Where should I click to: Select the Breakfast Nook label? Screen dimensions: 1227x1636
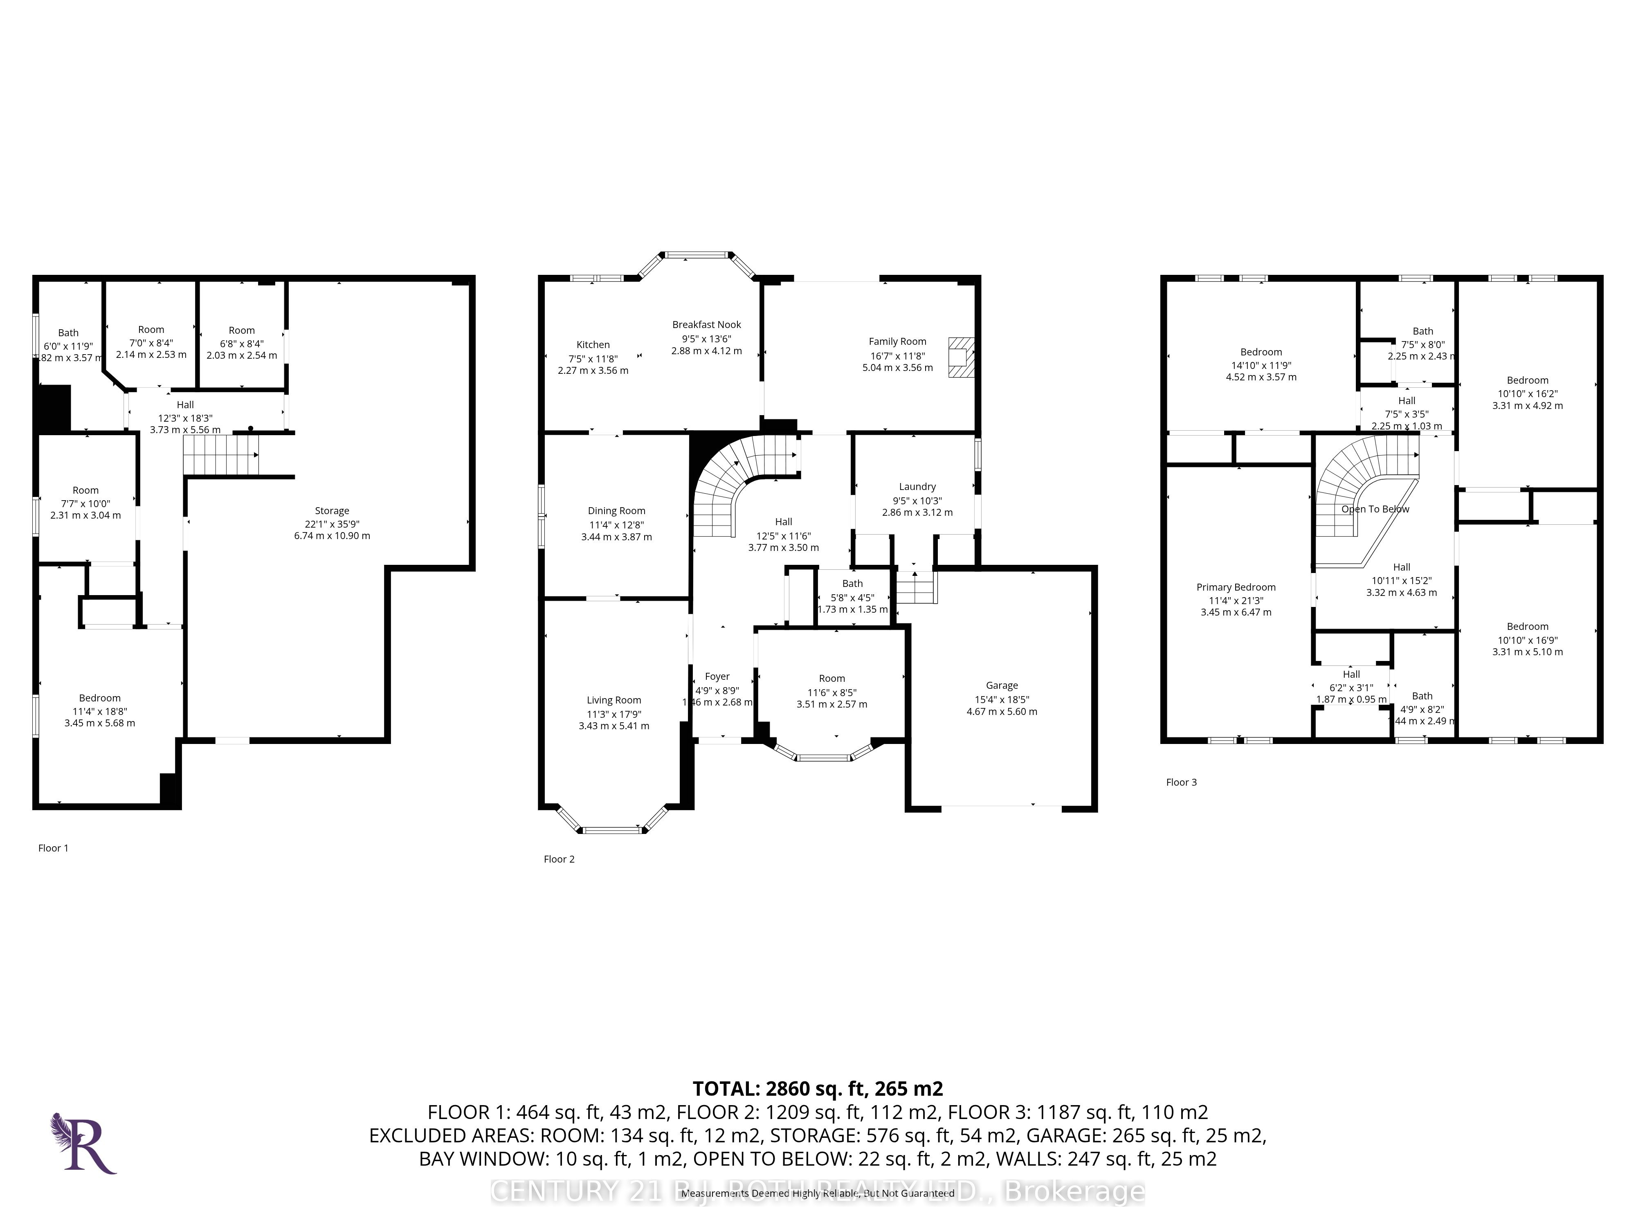tap(706, 325)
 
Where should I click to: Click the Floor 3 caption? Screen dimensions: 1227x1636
tap(1181, 782)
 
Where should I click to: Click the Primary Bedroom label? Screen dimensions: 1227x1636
tap(1236, 587)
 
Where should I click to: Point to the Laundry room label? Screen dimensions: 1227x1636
tap(917, 487)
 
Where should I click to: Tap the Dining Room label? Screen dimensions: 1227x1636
tap(616, 511)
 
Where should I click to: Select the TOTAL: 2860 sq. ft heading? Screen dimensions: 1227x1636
tap(817, 1089)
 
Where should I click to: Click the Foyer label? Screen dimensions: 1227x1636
tap(717, 677)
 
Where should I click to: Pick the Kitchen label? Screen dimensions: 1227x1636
tap(593, 345)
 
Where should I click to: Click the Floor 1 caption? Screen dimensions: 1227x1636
tap(53, 848)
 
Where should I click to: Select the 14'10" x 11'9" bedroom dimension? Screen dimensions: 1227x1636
tap(1261, 365)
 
